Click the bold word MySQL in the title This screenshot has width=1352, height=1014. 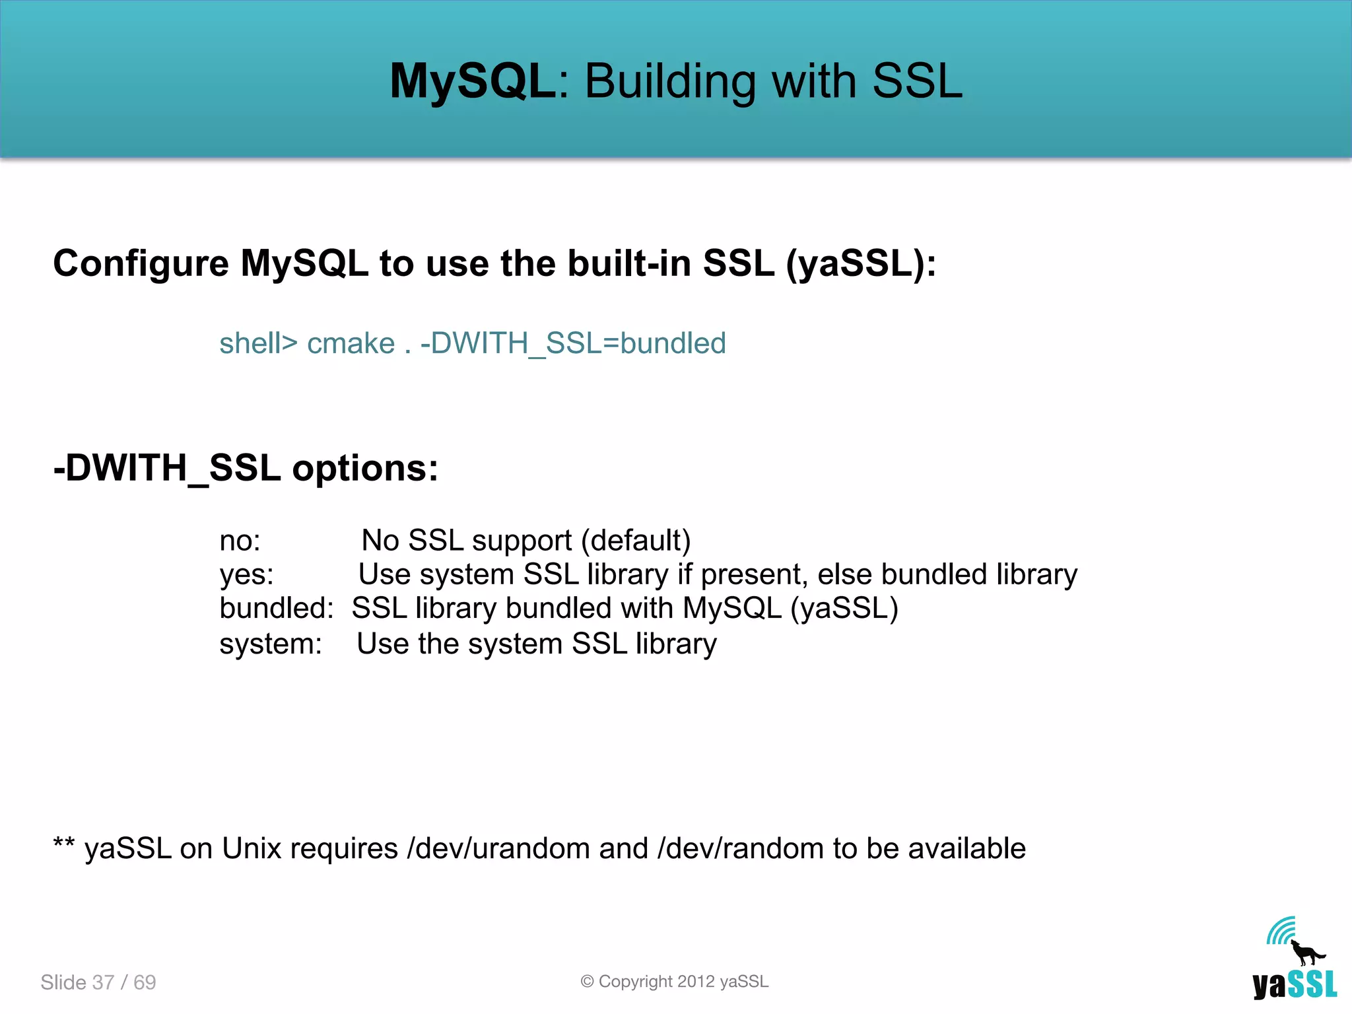pyautogui.click(x=473, y=81)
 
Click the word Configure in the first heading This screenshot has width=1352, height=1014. pyautogui.click(x=141, y=264)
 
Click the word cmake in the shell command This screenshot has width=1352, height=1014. pyautogui.click(x=351, y=343)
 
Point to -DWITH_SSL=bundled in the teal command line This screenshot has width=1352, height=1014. pyautogui.click(x=572, y=343)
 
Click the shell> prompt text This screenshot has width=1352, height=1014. pyautogui.click(x=258, y=343)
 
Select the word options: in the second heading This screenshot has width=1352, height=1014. pyautogui.click(x=365, y=468)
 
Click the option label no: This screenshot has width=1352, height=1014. pyautogui.click(x=240, y=541)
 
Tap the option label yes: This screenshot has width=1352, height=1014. pyautogui.click(x=246, y=575)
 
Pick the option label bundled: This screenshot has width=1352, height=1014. pyautogui.click(x=276, y=608)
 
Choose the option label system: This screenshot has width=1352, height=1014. pyautogui.click(x=271, y=644)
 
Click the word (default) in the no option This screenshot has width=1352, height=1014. pyautogui.click(x=636, y=541)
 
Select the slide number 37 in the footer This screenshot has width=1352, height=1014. pyautogui.click(x=103, y=982)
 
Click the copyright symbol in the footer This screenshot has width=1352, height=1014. pyautogui.click(x=587, y=982)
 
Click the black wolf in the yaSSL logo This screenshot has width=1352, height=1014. pyautogui.click(x=1306, y=953)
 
